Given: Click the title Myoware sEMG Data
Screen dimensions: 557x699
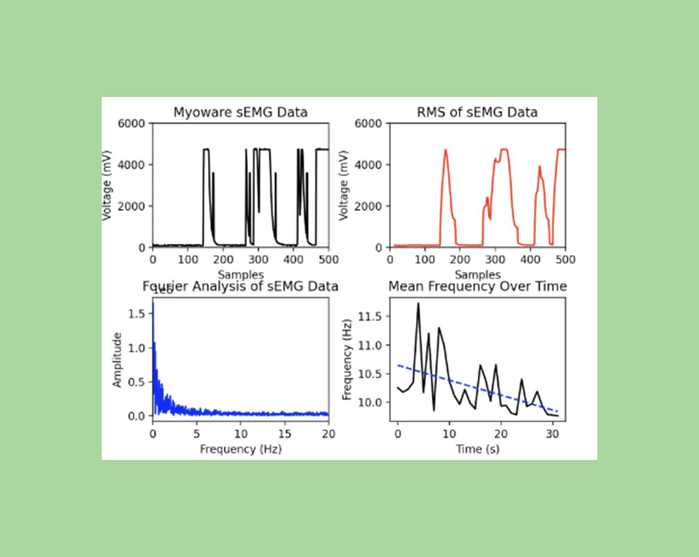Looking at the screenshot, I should point(240,112).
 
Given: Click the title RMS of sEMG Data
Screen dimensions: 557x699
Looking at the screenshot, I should point(477,112).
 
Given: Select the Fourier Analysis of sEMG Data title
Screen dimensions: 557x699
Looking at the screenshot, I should point(240,286).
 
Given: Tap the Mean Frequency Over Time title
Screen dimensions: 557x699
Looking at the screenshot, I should point(477,286).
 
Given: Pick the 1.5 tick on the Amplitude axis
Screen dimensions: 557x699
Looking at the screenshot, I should point(137,314).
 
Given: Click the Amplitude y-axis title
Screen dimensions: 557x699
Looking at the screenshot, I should point(117,360).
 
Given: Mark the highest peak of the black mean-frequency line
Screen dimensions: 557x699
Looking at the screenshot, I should point(418,303).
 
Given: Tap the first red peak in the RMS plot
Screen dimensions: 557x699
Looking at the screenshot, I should point(446,150).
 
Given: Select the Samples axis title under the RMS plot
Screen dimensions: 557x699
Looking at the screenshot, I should point(477,275).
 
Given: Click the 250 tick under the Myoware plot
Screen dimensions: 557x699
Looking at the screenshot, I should point(240,260).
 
